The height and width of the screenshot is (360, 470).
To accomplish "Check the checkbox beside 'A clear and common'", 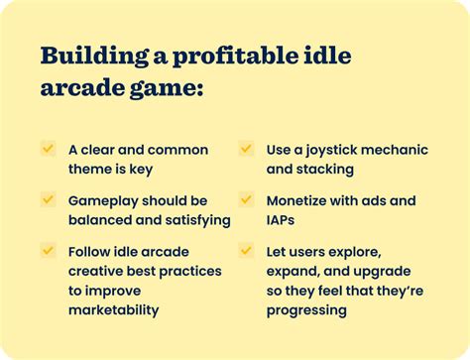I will click(48, 149).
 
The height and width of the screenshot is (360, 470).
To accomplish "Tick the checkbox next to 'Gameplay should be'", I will click(48, 199).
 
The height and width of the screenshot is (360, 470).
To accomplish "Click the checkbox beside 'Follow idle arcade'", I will click(48, 250).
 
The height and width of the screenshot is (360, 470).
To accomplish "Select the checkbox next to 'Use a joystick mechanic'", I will click(246, 149).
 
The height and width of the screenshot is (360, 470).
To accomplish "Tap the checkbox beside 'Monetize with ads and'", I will click(246, 199).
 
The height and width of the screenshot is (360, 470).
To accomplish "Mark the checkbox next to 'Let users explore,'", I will click(246, 250).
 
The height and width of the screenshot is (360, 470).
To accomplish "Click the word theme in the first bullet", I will click(92, 169).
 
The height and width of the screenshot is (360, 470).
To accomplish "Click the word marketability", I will click(113, 309).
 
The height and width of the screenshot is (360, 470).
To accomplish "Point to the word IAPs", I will click(284, 219).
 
